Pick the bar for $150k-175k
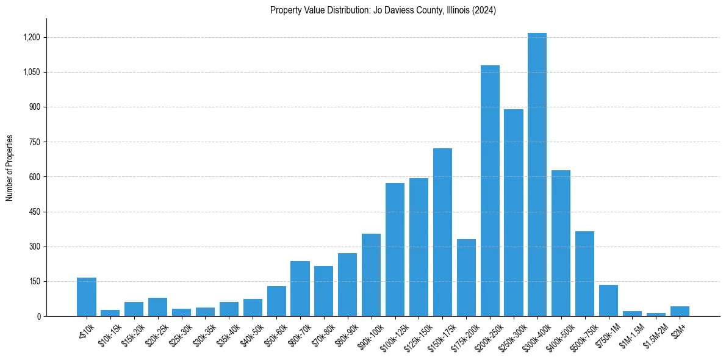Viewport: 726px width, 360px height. tap(442, 232)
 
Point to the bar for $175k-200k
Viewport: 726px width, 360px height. tap(466, 278)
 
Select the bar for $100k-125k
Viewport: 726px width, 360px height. tap(395, 250)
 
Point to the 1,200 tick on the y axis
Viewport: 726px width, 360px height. tap(31, 38)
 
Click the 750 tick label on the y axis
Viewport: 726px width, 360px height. tap(34, 142)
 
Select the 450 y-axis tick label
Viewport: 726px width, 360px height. tap(34, 212)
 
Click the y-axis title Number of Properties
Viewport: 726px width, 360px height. tap(9, 168)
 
